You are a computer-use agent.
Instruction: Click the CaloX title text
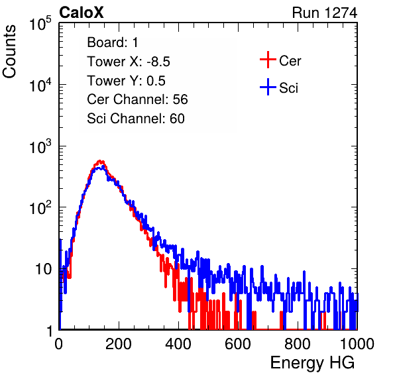(x=81, y=13)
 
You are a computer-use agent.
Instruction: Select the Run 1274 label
(x=325, y=13)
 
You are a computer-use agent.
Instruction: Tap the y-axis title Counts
(x=9, y=52)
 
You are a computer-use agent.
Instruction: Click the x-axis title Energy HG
(x=312, y=362)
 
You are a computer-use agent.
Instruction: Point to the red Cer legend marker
(x=268, y=60)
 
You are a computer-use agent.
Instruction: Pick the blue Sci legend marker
(x=268, y=87)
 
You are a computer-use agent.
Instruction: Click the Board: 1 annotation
(x=113, y=42)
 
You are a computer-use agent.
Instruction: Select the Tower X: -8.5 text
(x=129, y=62)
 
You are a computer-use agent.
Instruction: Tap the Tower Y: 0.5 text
(x=126, y=81)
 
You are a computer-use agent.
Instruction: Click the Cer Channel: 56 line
(x=137, y=99)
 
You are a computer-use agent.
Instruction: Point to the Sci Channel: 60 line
(x=136, y=119)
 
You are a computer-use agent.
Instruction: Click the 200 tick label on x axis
(x=119, y=344)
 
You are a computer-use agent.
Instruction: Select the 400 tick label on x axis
(x=178, y=344)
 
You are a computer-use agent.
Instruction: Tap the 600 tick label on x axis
(x=238, y=344)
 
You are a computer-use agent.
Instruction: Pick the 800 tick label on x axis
(x=298, y=344)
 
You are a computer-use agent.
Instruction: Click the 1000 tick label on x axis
(x=357, y=344)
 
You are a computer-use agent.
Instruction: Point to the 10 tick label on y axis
(x=44, y=269)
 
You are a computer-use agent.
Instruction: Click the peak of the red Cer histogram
(x=100, y=161)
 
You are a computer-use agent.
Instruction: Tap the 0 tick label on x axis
(x=59, y=344)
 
